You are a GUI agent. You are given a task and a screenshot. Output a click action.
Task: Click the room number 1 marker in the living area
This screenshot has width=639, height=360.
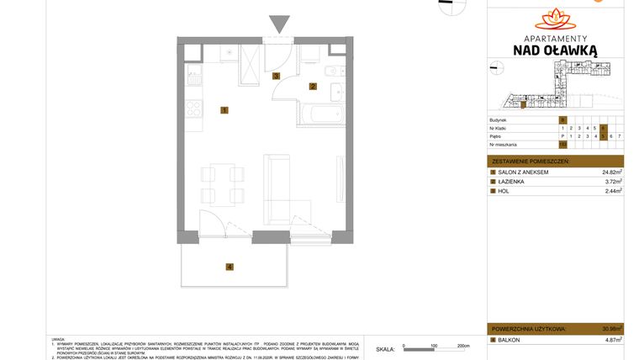click(x=224, y=110)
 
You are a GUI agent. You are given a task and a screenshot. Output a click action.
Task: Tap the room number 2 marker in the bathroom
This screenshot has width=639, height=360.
click(x=312, y=86)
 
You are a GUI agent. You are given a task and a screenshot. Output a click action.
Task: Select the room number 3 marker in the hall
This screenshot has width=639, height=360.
click(x=276, y=76)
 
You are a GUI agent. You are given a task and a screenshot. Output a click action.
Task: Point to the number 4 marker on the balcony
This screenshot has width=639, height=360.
click(x=228, y=267)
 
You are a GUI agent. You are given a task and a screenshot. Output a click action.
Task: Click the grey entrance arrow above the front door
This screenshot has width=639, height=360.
click(x=277, y=24)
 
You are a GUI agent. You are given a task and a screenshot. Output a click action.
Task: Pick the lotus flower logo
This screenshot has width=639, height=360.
click(x=555, y=17)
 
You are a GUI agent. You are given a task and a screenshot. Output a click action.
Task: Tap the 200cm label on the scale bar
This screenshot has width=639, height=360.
click(x=462, y=346)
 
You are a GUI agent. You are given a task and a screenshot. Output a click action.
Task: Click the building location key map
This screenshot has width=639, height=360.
click(x=555, y=88)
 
